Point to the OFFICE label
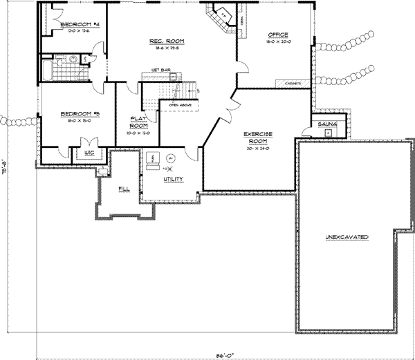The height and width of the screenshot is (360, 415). (278, 35)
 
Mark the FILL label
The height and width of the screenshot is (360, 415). (124, 187)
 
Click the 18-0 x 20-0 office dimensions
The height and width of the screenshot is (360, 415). (278, 41)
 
